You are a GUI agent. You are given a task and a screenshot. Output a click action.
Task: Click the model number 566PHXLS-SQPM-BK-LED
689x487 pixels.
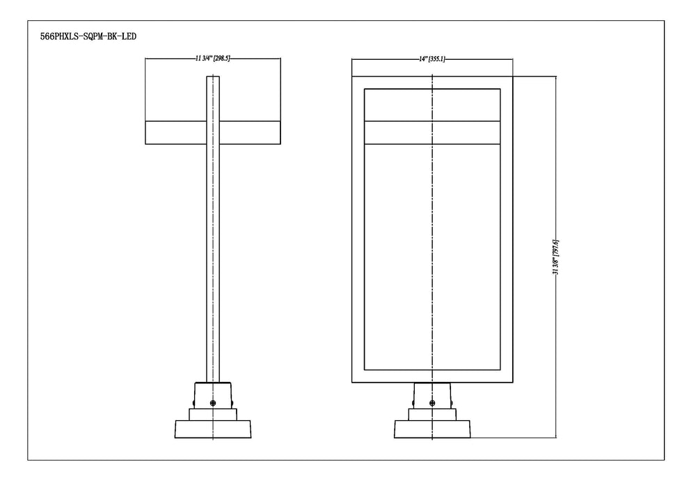(x=88, y=36)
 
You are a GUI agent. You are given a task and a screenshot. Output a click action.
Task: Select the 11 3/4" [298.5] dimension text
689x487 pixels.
(x=213, y=58)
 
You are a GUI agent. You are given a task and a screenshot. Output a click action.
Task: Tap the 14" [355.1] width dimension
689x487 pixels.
(x=432, y=59)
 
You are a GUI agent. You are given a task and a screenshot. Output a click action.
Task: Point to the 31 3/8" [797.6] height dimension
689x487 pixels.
(x=556, y=257)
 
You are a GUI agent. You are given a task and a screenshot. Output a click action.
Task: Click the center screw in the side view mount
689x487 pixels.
(x=213, y=403)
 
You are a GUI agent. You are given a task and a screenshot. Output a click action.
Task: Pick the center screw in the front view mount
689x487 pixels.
(x=432, y=403)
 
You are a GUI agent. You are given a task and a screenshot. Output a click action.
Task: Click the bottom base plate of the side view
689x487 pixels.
(x=213, y=429)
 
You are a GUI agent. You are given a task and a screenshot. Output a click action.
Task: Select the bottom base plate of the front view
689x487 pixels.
(x=432, y=429)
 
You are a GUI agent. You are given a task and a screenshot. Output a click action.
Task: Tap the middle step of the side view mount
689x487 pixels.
(x=213, y=415)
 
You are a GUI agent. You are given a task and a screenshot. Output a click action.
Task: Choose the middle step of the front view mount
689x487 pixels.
(x=432, y=415)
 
